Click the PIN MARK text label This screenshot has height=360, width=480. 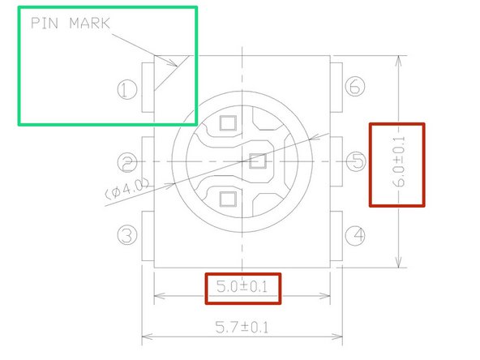click(70, 24)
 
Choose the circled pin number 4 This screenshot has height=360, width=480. click(353, 236)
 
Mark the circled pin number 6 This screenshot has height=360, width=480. click(354, 88)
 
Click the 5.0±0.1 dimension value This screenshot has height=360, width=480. click(242, 287)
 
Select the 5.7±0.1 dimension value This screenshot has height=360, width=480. click(242, 327)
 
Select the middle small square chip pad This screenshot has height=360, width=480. click(258, 161)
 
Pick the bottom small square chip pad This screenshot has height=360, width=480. click(227, 198)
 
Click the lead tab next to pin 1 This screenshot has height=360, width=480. click(148, 88)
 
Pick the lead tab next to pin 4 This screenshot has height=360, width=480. click(336, 236)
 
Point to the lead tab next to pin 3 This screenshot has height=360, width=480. click(148, 236)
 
